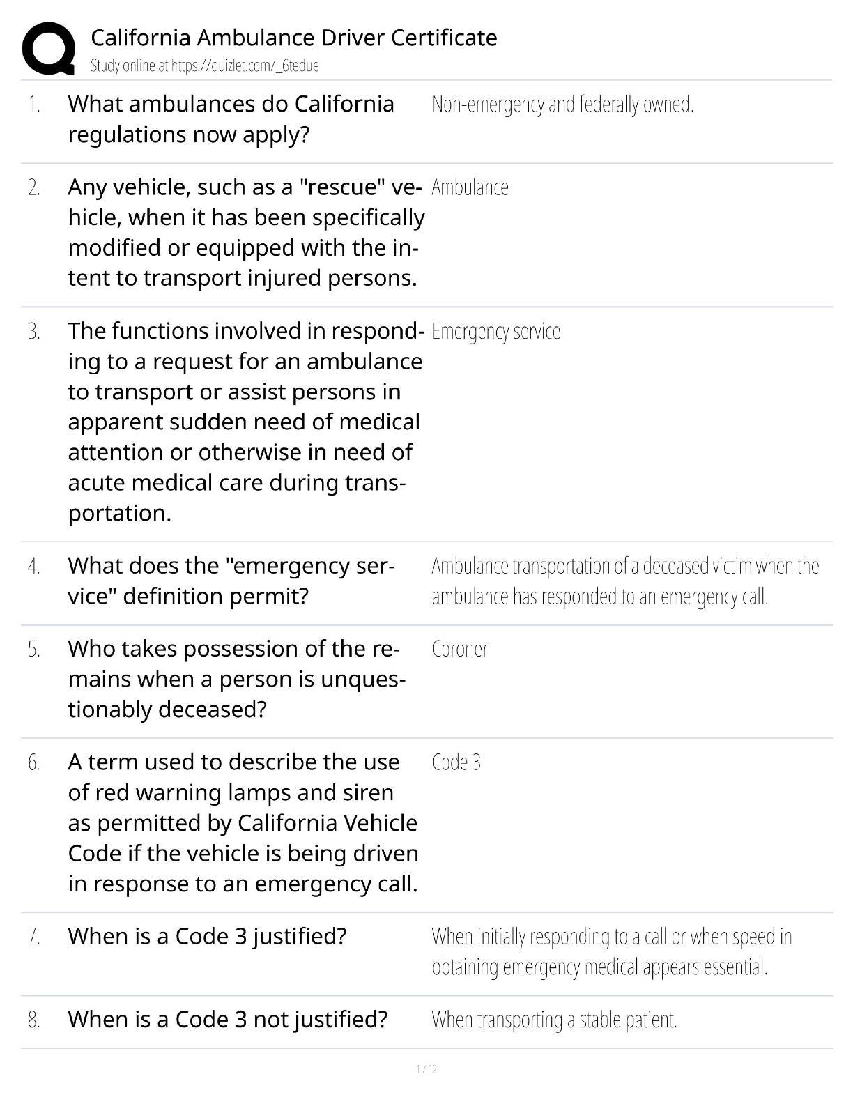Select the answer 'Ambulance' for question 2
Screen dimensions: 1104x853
coord(470,187)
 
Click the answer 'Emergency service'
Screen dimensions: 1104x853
coord(495,331)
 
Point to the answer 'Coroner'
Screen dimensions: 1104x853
coord(459,649)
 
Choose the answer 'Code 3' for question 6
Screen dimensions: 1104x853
coord(456,762)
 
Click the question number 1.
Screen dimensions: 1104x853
coord(34,105)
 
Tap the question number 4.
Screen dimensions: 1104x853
coord(34,567)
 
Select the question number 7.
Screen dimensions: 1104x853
coord(34,937)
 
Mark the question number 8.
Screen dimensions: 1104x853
coord(34,1020)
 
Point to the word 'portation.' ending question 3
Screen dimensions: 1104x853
coord(119,514)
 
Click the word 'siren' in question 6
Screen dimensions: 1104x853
coord(369,792)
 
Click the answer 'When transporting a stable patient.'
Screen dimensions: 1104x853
coord(554,1020)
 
